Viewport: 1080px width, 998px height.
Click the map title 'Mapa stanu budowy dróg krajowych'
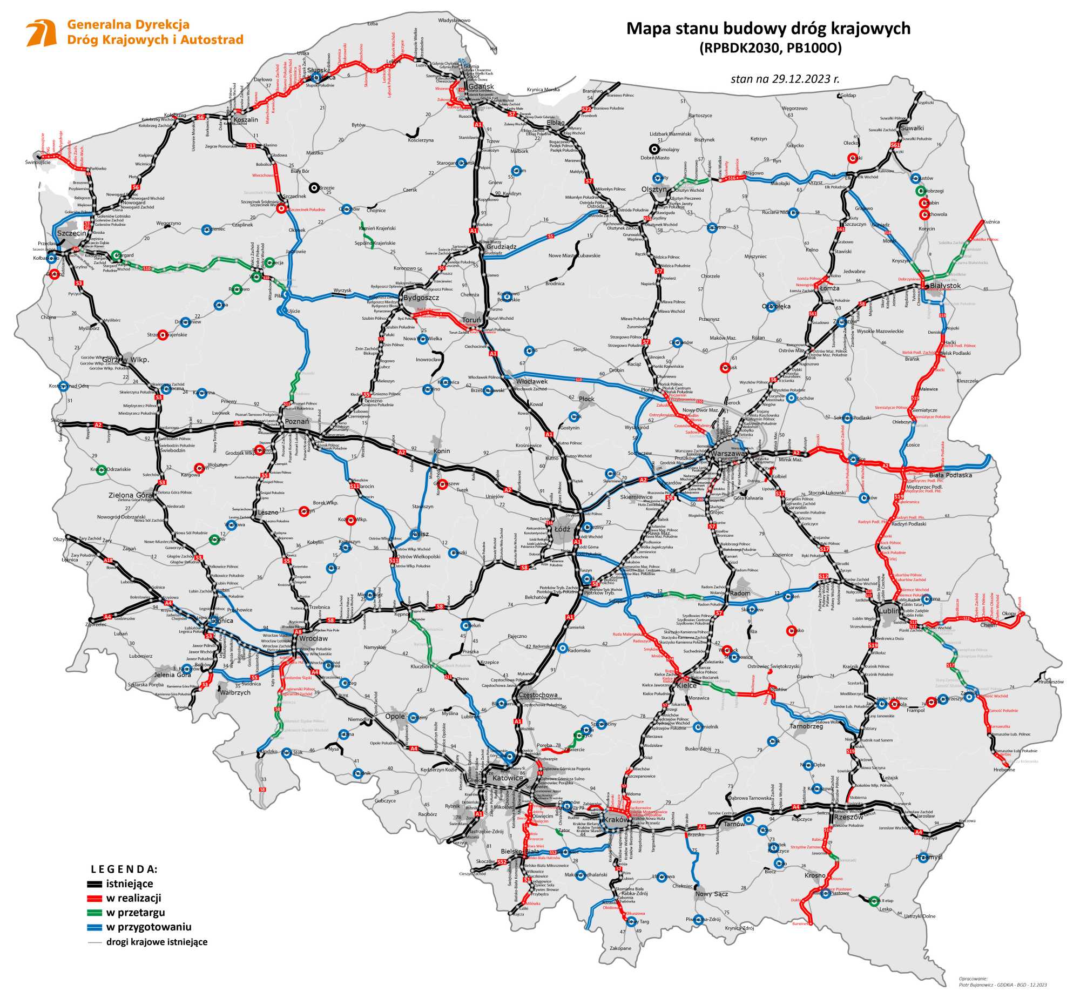point(768,29)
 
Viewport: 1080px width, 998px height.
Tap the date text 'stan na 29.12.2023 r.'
point(785,79)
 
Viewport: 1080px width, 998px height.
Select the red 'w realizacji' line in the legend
point(94,898)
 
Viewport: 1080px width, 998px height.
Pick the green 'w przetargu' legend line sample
point(94,913)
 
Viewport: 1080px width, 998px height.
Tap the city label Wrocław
point(313,638)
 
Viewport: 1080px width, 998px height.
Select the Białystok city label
point(946,286)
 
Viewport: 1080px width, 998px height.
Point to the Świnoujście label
point(38,162)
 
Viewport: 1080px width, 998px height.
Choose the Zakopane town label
point(620,948)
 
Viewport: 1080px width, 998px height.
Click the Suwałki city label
point(912,128)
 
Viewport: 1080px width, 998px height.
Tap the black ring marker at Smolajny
point(654,150)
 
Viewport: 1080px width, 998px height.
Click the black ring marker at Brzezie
point(313,187)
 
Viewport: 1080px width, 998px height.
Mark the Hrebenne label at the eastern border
point(1003,770)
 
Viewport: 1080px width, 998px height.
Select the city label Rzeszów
point(849,817)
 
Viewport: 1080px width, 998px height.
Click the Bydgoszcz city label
point(421,298)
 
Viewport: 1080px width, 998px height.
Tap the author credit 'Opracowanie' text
point(973,978)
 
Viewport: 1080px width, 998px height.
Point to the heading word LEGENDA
point(124,869)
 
